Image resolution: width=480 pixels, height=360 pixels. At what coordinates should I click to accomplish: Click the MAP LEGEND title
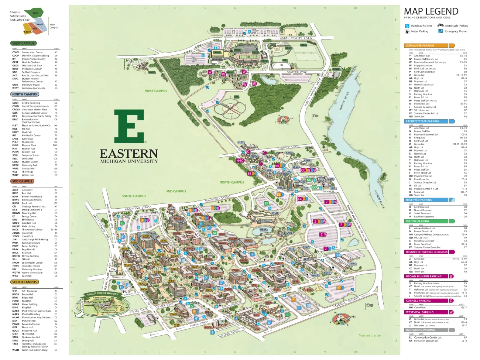431,11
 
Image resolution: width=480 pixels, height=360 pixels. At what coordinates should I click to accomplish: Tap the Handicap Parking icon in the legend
407,26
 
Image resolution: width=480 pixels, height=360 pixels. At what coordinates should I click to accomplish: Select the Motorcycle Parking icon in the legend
440,25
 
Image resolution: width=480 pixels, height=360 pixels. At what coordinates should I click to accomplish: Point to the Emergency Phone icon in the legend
440,31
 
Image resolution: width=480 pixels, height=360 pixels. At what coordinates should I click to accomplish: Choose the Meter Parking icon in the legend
407,31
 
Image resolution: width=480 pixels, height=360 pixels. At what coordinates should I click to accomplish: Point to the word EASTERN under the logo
129,153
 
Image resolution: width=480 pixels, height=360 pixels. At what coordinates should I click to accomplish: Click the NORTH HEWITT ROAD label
295,38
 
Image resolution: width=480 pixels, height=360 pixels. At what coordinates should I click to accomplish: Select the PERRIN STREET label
199,324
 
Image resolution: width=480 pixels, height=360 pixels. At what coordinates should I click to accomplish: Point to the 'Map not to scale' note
369,335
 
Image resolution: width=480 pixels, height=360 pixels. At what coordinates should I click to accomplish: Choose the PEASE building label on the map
174,314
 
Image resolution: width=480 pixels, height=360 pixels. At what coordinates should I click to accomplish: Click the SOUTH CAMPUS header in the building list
24,282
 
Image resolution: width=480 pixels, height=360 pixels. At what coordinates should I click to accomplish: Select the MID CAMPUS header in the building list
22,181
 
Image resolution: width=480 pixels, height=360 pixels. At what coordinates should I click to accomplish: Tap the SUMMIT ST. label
119,277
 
